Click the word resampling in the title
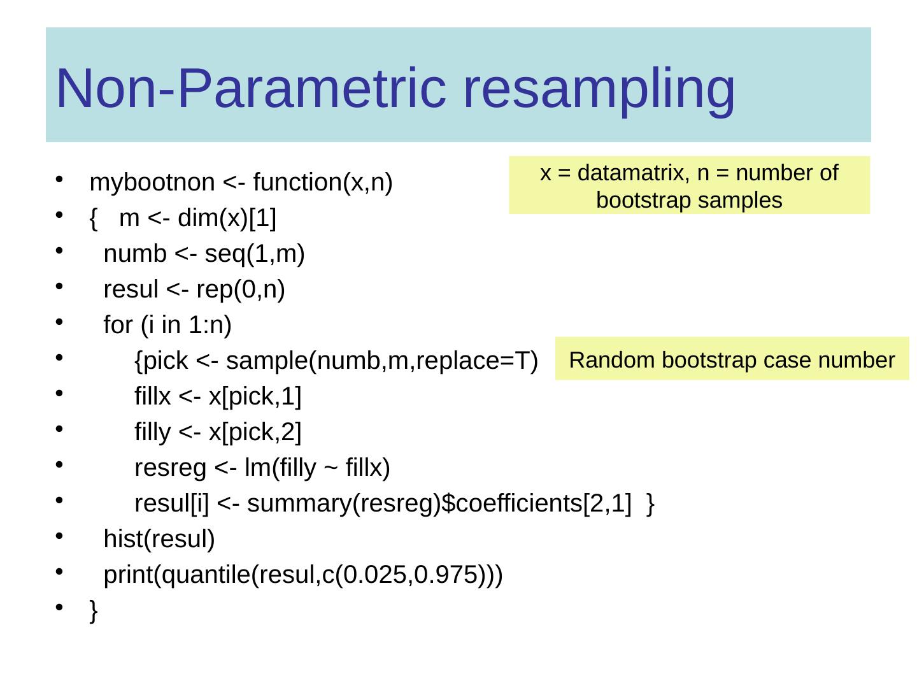point(599,89)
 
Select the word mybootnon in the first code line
point(152,183)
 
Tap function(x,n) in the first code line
point(323,183)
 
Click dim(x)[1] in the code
point(227,219)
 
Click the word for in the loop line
point(118,326)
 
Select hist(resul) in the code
point(159,540)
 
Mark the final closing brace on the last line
point(94,611)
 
